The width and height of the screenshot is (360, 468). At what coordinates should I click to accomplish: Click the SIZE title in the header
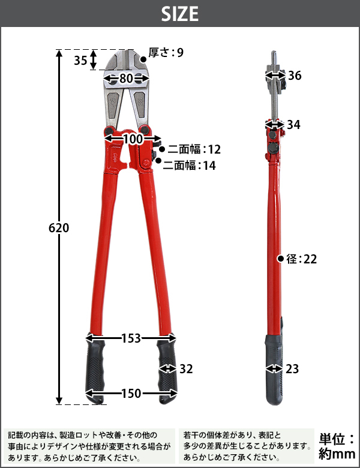(x=180, y=14)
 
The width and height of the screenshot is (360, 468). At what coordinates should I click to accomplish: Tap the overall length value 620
(x=59, y=228)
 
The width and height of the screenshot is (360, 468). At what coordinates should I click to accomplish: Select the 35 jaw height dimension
(x=80, y=60)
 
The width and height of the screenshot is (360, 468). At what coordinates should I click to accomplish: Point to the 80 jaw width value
(x=126, y=79)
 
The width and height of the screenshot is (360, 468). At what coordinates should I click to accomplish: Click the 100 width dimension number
(x=133, y=139)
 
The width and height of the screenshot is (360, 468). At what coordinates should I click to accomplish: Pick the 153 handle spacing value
(x=131, y=338)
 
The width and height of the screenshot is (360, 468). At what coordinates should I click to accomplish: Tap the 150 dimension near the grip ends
(x=131, y=394)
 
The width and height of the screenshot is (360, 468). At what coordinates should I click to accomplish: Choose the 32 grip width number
(x=186, y=369)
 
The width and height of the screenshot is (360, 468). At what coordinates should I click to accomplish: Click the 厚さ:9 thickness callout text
(x=166, y=53)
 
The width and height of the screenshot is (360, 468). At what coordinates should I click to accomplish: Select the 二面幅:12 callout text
(x=194, y=149)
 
